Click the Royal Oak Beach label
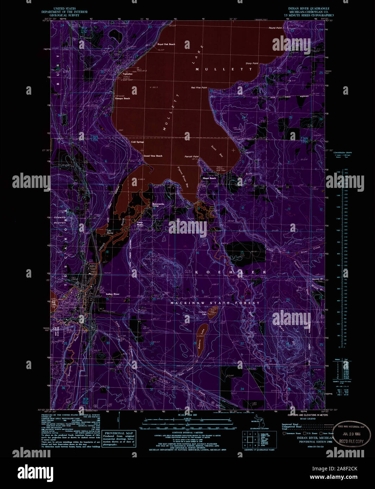pyautogui.click(x=166, y=44)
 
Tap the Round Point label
pyautogui.click(x=275, y=28)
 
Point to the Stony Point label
pyautogui.click(x=252, y=64)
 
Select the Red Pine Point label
pyautogui.click(x=199, y=88)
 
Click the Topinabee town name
pyautogui.click(x=127, y=74)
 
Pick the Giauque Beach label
pyautogui.click(x=122, y=99)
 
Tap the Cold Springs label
pyautogui.click(x=137, y=142)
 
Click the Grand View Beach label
pyautogui.click(x=153, y=156)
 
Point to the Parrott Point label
pyautogui.click(x=192, y=157)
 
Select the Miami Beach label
pyautogui.click(x=209, y=178)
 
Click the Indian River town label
pyautogui.click(x=113, y=294)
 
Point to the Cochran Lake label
pyautogui.click(x=202, y=313)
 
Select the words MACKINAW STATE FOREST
pyautogui.click(x=215, y=303)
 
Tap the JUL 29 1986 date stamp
pyautogui.click(x=351, y=435)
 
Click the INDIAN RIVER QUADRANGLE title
pyautogui.click(x=308, y=8)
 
